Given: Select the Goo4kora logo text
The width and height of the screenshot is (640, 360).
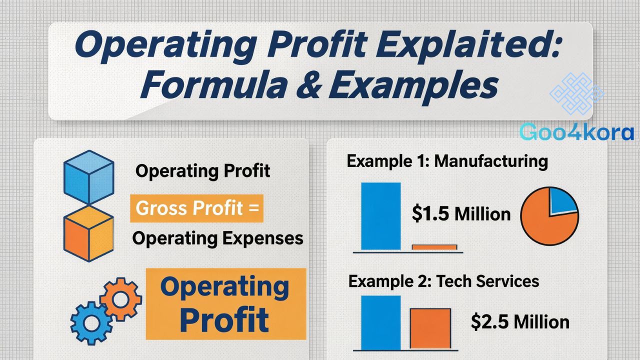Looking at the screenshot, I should tap(576, 131).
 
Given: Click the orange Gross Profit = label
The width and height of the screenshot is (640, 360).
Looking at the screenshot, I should tap(196, 207).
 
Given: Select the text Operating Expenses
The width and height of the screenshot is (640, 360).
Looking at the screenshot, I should tap(217, 238).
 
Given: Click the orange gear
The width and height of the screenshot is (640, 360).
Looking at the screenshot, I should tap(120, 298).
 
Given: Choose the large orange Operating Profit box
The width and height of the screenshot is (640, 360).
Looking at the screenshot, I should tap(225, 304).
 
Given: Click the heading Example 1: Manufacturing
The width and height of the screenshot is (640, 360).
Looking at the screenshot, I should tap(447, 161).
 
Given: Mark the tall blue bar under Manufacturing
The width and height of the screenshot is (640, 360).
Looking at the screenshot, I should tap(380, 215).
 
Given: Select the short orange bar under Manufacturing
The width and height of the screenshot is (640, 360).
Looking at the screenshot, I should tap(434, 247).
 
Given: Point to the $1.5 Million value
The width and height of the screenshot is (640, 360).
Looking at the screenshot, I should tap(461, 214).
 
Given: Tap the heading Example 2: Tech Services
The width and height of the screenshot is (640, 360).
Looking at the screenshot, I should tap(443, 281).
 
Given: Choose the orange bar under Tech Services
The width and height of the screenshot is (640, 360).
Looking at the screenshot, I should tap(430, 328).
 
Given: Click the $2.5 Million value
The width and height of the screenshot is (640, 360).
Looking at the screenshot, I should tap(520, 321).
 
